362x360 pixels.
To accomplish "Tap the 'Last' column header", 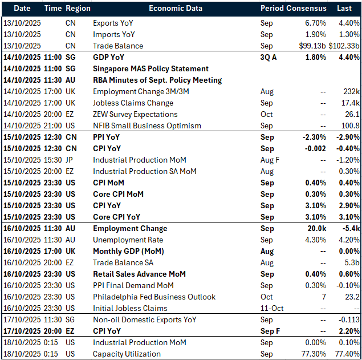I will (x=344, y=9).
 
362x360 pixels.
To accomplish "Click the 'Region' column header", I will (x=78, y=9).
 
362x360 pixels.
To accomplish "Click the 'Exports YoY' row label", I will (x=114, y=23).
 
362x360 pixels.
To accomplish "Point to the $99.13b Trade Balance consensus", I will (x=311, y=46).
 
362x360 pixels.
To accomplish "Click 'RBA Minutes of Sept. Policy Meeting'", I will (x=157, y=80).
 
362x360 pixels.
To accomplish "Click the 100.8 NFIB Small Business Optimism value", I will (x=349, y=126).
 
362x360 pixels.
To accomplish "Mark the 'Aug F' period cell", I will (x=270, y=160).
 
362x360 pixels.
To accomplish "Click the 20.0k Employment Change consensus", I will (x=315, y=229).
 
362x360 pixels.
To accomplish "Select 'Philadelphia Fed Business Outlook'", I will (x=154, y=297).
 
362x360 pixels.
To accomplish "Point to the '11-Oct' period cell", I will (x=271, y=309).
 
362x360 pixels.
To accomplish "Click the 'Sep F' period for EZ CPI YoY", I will (x=270, y=331).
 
